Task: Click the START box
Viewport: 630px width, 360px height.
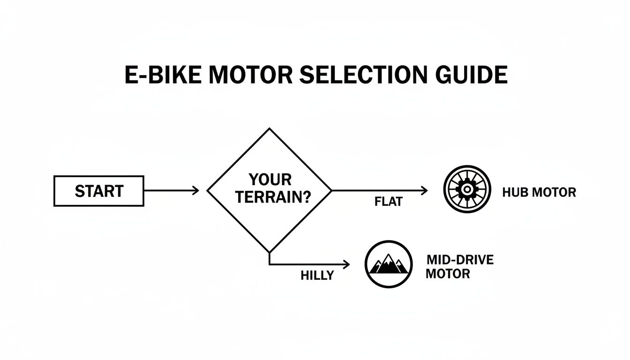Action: [x=99, y=191]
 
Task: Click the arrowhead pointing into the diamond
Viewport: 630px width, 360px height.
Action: [x=196, y=190]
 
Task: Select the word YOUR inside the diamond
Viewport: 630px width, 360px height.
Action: [x=270, y=180]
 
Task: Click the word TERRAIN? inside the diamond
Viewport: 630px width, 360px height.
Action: [x=273, y=197]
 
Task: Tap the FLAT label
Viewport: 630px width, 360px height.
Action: [x=389, y=202]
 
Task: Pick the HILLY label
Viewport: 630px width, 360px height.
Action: [x=317, y=276]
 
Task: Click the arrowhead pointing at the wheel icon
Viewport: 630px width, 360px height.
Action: [x=425, y=190]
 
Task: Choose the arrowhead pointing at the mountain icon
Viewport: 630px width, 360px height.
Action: [x=346, y=265]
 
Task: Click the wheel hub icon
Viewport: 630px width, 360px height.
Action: [x=467, y=189]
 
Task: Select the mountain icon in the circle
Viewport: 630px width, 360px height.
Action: [x=388, y=264]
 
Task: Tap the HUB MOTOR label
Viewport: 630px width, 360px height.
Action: [x=539, y=192]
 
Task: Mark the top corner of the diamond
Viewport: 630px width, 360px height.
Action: [x=270, y=129]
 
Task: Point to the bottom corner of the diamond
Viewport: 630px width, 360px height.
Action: [x=270, y=252]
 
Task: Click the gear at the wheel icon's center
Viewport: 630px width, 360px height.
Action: [x=467, y=189]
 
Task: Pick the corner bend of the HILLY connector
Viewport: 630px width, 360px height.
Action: [x=270, y=265]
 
